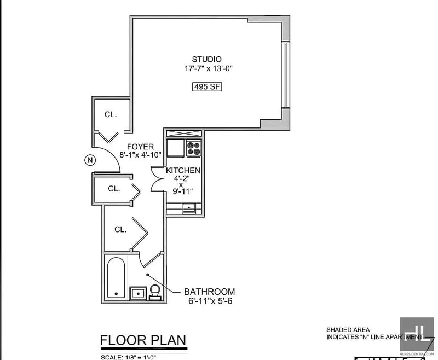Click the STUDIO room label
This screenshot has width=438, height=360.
coord(206,59)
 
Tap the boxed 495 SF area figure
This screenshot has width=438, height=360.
coord(206,86)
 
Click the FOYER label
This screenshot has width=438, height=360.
coord(140,147)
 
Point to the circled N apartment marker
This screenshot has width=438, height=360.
coord(90,160)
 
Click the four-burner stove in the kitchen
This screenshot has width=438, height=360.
coord(194,147)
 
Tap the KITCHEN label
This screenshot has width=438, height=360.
coord(183,171)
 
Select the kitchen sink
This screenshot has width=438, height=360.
coord(188,207)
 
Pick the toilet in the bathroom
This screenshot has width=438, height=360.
coord(155,291)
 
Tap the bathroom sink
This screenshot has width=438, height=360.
coord(137,293)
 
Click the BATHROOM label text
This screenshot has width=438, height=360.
coord(209,292)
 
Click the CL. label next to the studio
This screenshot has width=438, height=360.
coord(111,114)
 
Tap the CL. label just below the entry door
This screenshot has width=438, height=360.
coord(113,189)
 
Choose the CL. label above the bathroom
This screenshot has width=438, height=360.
coord(120,229)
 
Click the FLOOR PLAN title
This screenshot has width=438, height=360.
coord(143,340)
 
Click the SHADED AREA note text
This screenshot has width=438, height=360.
coord(345,330)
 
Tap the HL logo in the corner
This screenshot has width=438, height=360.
coord(416,334)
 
